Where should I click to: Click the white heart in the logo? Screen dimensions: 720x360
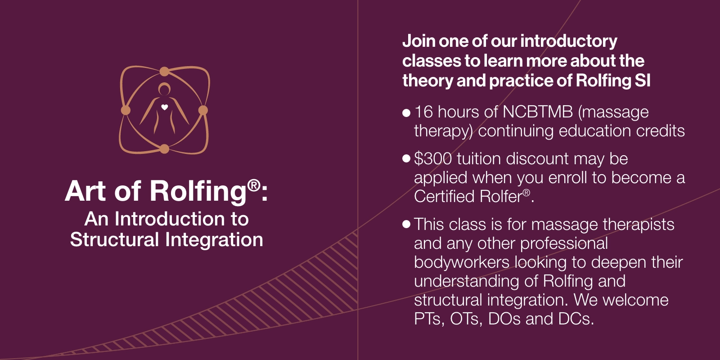click(165, 108)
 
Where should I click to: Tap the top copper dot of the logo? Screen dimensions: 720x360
click(164, 72)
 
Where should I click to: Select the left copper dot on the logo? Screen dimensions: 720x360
click(126, 110)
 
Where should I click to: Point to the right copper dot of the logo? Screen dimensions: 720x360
click(203, 110)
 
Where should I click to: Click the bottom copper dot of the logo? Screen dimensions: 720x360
click(164, 149)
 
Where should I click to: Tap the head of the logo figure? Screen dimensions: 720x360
click(164, 89)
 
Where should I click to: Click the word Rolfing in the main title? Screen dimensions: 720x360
click(198, 192)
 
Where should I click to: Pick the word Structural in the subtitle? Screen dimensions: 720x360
click(114, 240)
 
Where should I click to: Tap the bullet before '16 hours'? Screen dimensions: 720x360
click(406, 113)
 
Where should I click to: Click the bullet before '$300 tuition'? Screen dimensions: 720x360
click(406, 158)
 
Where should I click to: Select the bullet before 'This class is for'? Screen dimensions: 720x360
click(406, 224)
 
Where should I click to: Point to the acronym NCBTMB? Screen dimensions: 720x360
click(537, 112)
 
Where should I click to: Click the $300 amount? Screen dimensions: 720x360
click(433, 158)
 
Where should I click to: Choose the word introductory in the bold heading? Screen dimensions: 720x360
click(569, 41)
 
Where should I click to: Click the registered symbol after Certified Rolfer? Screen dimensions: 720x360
click(526, 193)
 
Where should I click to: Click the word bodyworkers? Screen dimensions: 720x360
click(462, 262)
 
